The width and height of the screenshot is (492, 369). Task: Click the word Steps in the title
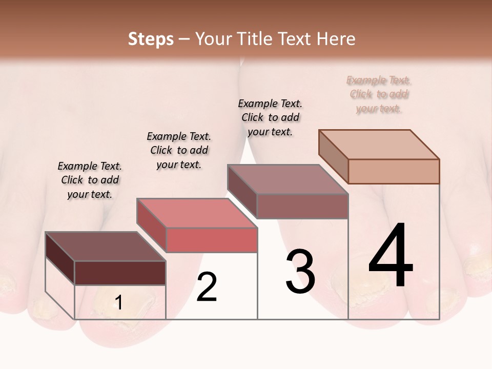tap(151, 39)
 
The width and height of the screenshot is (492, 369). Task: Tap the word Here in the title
tap(336, 39)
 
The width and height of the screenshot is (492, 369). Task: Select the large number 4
tap(391, 256)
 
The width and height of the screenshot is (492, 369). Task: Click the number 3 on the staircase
tap(300, 271)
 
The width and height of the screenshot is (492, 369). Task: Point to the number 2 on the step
tap(207, 287)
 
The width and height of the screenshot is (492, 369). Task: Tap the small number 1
tap(119, 303)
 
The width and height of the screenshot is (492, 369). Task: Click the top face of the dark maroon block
tap(105, 247)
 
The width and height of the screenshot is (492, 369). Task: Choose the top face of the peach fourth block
tap(379, 145)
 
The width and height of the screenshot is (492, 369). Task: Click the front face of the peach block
tap(394, 171)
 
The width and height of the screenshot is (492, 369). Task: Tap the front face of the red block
tap(212, 240)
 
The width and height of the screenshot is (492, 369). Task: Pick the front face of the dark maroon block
tap(120, 273)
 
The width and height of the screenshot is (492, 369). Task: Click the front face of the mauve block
tap(302, 206)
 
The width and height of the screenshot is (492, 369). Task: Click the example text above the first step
tap(90, 180)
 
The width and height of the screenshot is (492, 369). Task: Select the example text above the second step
tap(179, 150)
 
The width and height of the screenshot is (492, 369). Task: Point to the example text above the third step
tap(270, 117)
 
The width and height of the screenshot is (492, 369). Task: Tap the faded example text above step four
tap(379, 94)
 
